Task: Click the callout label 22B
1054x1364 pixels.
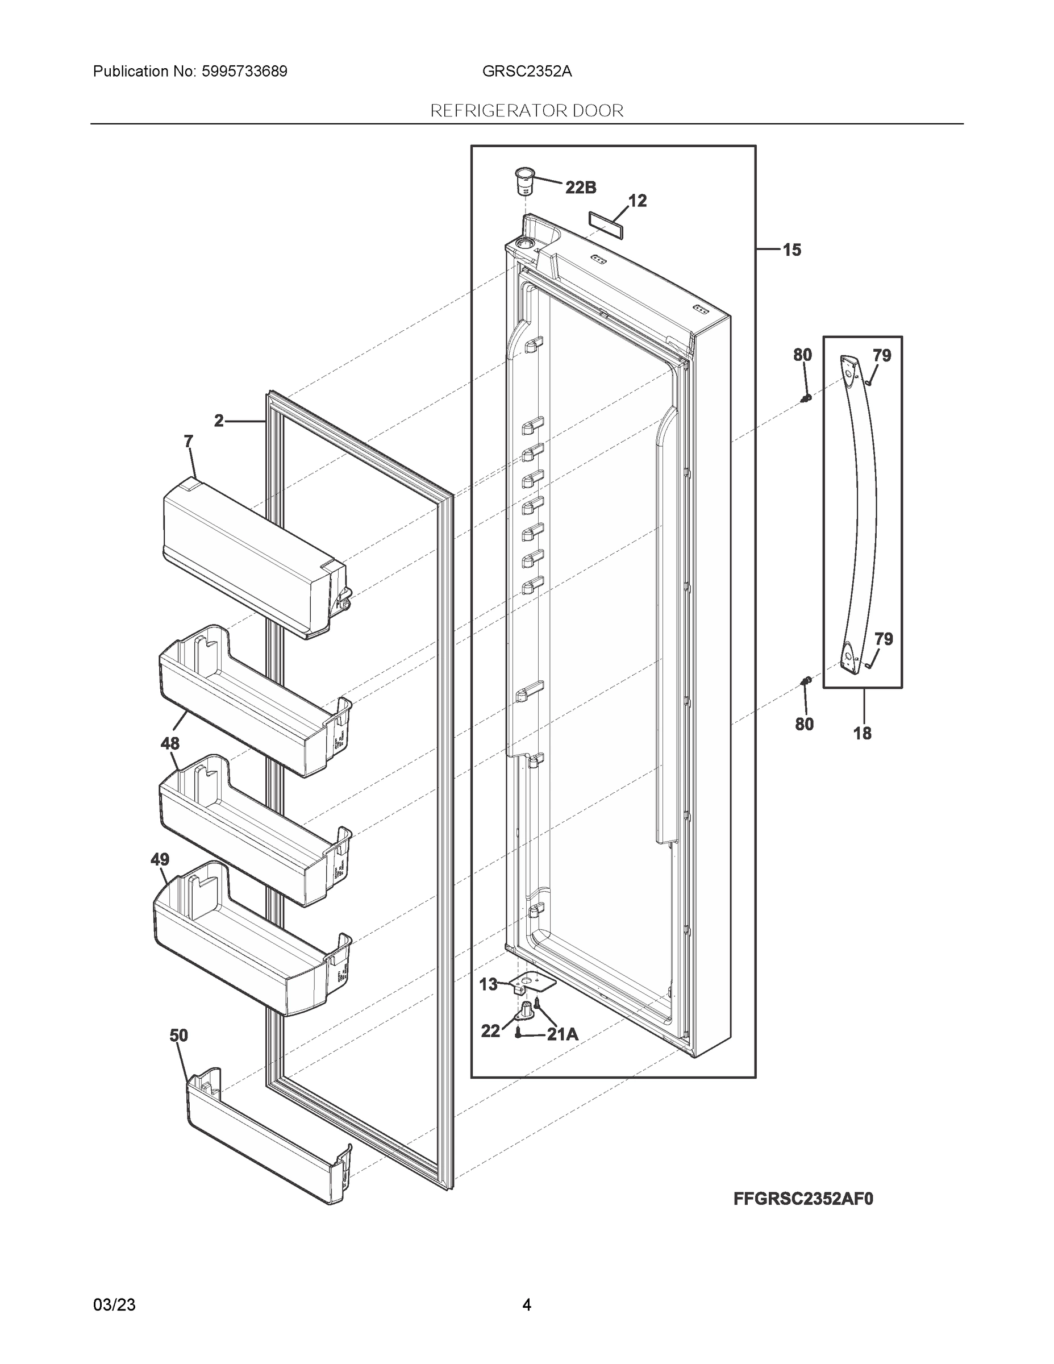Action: [580, 188]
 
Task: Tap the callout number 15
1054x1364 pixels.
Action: [791, 251]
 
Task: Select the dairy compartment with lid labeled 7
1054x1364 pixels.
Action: [250, 556]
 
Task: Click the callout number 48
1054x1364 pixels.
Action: [170, 743]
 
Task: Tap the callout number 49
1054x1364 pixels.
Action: [160, 859]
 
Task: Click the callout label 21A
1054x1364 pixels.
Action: [563, 1035]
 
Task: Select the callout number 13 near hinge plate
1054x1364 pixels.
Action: [488, 985]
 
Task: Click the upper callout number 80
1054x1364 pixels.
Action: [802, 355]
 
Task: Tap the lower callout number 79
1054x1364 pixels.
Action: [883, 639]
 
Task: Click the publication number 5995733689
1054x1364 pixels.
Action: [244, 72]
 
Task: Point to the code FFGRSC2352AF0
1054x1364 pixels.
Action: [803, 1199]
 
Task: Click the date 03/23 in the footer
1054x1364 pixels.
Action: [114, 1305]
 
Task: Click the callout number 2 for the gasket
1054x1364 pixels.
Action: [219, 422]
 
